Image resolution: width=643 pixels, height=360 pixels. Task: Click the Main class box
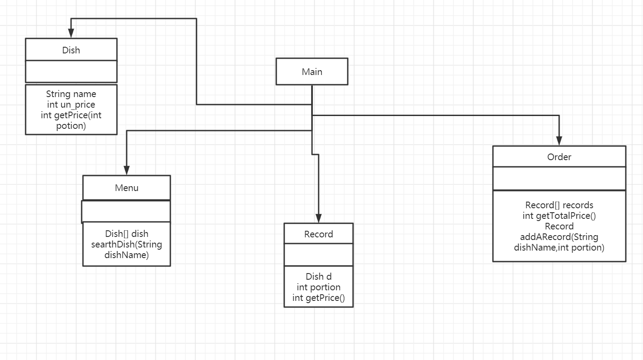(x=312, y=71)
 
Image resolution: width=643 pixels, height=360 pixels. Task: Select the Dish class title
(x=71, y=50)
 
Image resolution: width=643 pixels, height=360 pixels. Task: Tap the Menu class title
(x=127, y=187)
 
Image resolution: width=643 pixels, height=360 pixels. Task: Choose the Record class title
(x=319, y=234)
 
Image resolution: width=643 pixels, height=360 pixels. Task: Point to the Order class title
(x=559, y=157)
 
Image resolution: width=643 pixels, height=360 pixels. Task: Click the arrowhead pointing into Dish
(x=71, y=34)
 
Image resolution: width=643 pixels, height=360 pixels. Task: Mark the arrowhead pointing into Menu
(x=127, y=170)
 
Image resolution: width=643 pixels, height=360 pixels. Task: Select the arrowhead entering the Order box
(x=559, y=141)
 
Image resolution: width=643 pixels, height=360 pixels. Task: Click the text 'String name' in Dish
(x=71, y=94)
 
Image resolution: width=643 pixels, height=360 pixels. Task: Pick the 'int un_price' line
(x=71, y=105)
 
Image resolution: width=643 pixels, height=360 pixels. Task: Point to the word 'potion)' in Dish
(x=71, y=126)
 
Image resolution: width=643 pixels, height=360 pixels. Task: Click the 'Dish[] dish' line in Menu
(x=127, y=234)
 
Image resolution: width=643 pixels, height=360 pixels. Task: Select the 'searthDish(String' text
(x=127, y=244)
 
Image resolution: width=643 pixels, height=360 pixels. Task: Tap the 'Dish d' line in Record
(x=319, y=277)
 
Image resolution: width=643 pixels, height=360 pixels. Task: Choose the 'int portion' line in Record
(x=319, y=287)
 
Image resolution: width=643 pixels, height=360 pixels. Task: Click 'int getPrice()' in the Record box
(x=319, y=298)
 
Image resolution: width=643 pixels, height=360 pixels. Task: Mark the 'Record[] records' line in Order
(x=559, y=205)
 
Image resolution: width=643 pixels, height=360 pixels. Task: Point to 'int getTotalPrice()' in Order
(x=559, y=216)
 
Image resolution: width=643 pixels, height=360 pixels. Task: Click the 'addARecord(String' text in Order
(x=559, y=237)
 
